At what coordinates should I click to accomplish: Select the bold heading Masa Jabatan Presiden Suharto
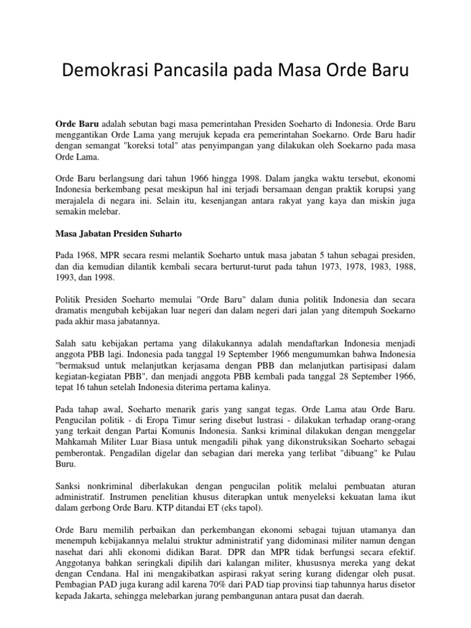[118, 234]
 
